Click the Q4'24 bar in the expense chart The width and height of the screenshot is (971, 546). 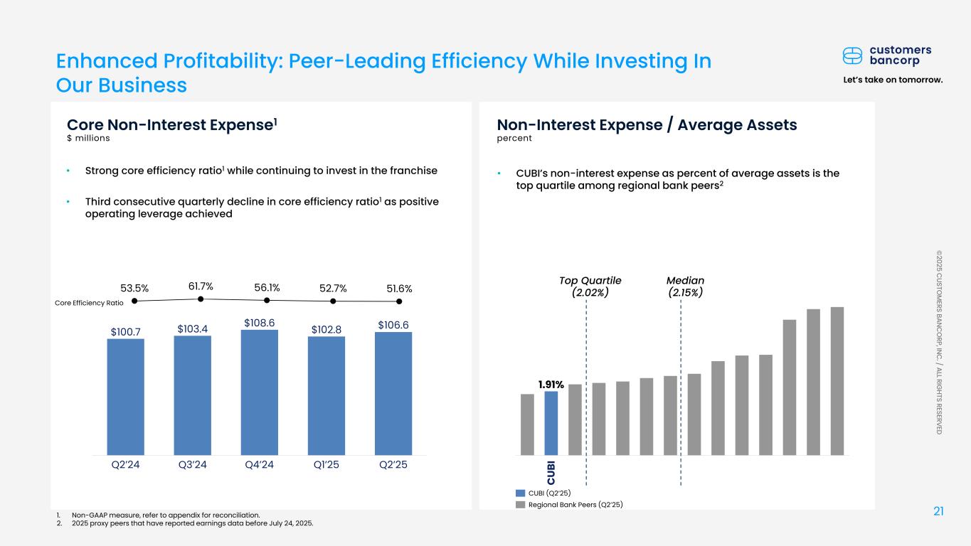259,392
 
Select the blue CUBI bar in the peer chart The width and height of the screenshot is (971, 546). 551,423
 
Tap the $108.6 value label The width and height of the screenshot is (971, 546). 259,323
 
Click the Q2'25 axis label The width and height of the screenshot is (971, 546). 393,466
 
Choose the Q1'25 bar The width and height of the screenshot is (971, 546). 327,395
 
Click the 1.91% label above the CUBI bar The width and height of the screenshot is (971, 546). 551,385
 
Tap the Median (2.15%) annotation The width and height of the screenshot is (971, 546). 686,287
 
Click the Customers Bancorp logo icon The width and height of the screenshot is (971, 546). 853,55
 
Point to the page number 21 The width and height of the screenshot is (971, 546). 938,512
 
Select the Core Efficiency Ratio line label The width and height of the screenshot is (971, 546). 89,303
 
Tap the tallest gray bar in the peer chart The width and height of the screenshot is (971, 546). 837,381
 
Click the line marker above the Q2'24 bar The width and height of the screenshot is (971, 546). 134,301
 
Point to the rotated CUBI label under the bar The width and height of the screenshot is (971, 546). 551,471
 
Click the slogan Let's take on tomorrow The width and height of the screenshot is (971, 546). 892,80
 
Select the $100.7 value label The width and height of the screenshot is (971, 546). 125,332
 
